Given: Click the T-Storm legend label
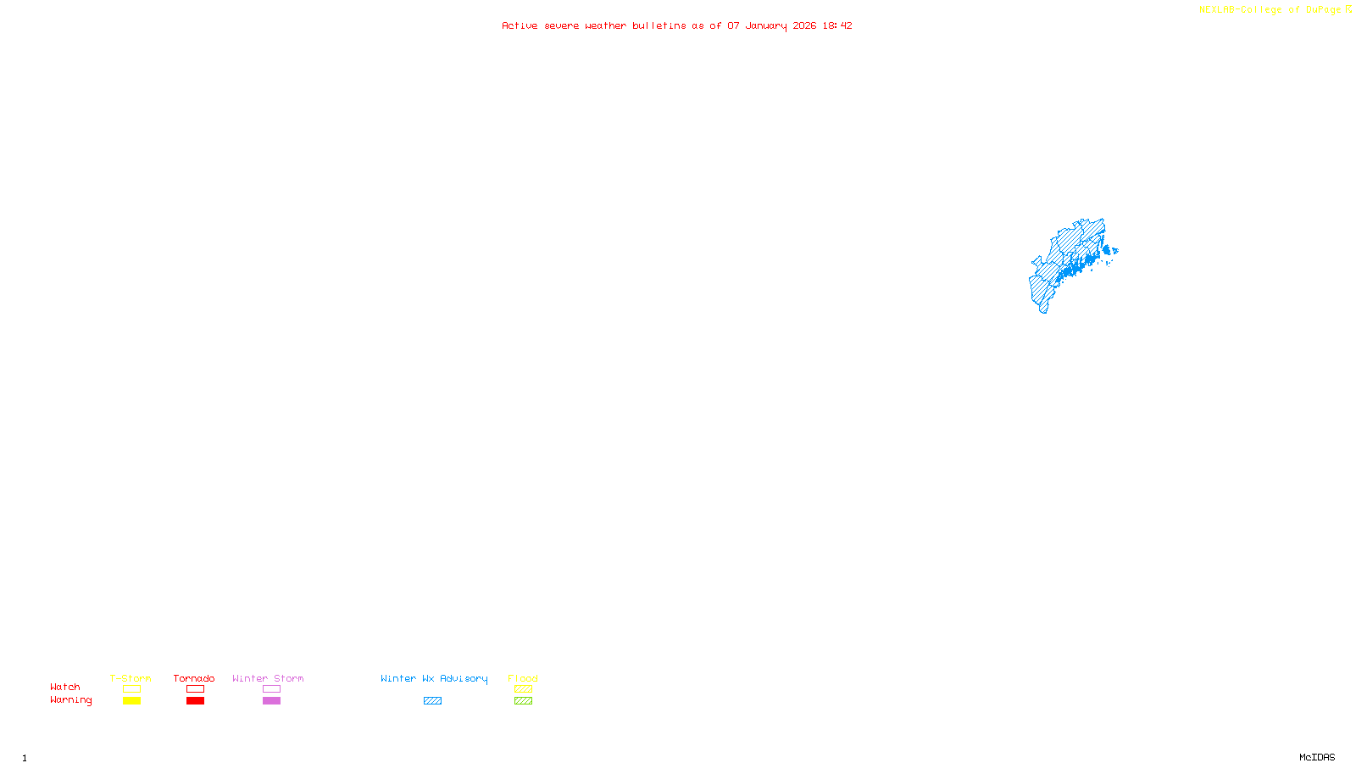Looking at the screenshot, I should [x=131, y=678].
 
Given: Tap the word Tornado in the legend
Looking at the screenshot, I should [x=194, y=678].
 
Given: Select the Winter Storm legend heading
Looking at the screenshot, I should [x=268, y=678].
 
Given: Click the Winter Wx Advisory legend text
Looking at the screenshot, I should [x=434, y=678].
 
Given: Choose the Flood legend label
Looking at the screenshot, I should [x=523, y=678].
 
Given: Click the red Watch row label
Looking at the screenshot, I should [x=65, y=687].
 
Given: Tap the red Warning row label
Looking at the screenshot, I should [x=70, y=700].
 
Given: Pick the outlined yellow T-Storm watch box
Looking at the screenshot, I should [x=131, y=689].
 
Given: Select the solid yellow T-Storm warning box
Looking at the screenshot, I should [x=131, y=701].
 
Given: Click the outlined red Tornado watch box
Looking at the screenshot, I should [x=195, y=689].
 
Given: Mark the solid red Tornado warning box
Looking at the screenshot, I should [x=195, y=701].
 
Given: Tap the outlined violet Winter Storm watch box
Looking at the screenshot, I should [x=271, y=689].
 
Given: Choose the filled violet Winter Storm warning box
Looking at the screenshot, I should [x=271, y=701].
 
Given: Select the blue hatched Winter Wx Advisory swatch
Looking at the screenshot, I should [x=432, y=701].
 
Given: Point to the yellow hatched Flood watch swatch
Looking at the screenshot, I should [x=523, y=689].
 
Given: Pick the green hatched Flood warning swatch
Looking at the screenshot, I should [x=523, y=701].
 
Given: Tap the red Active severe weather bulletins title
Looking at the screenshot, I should [x=676, y=25].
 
